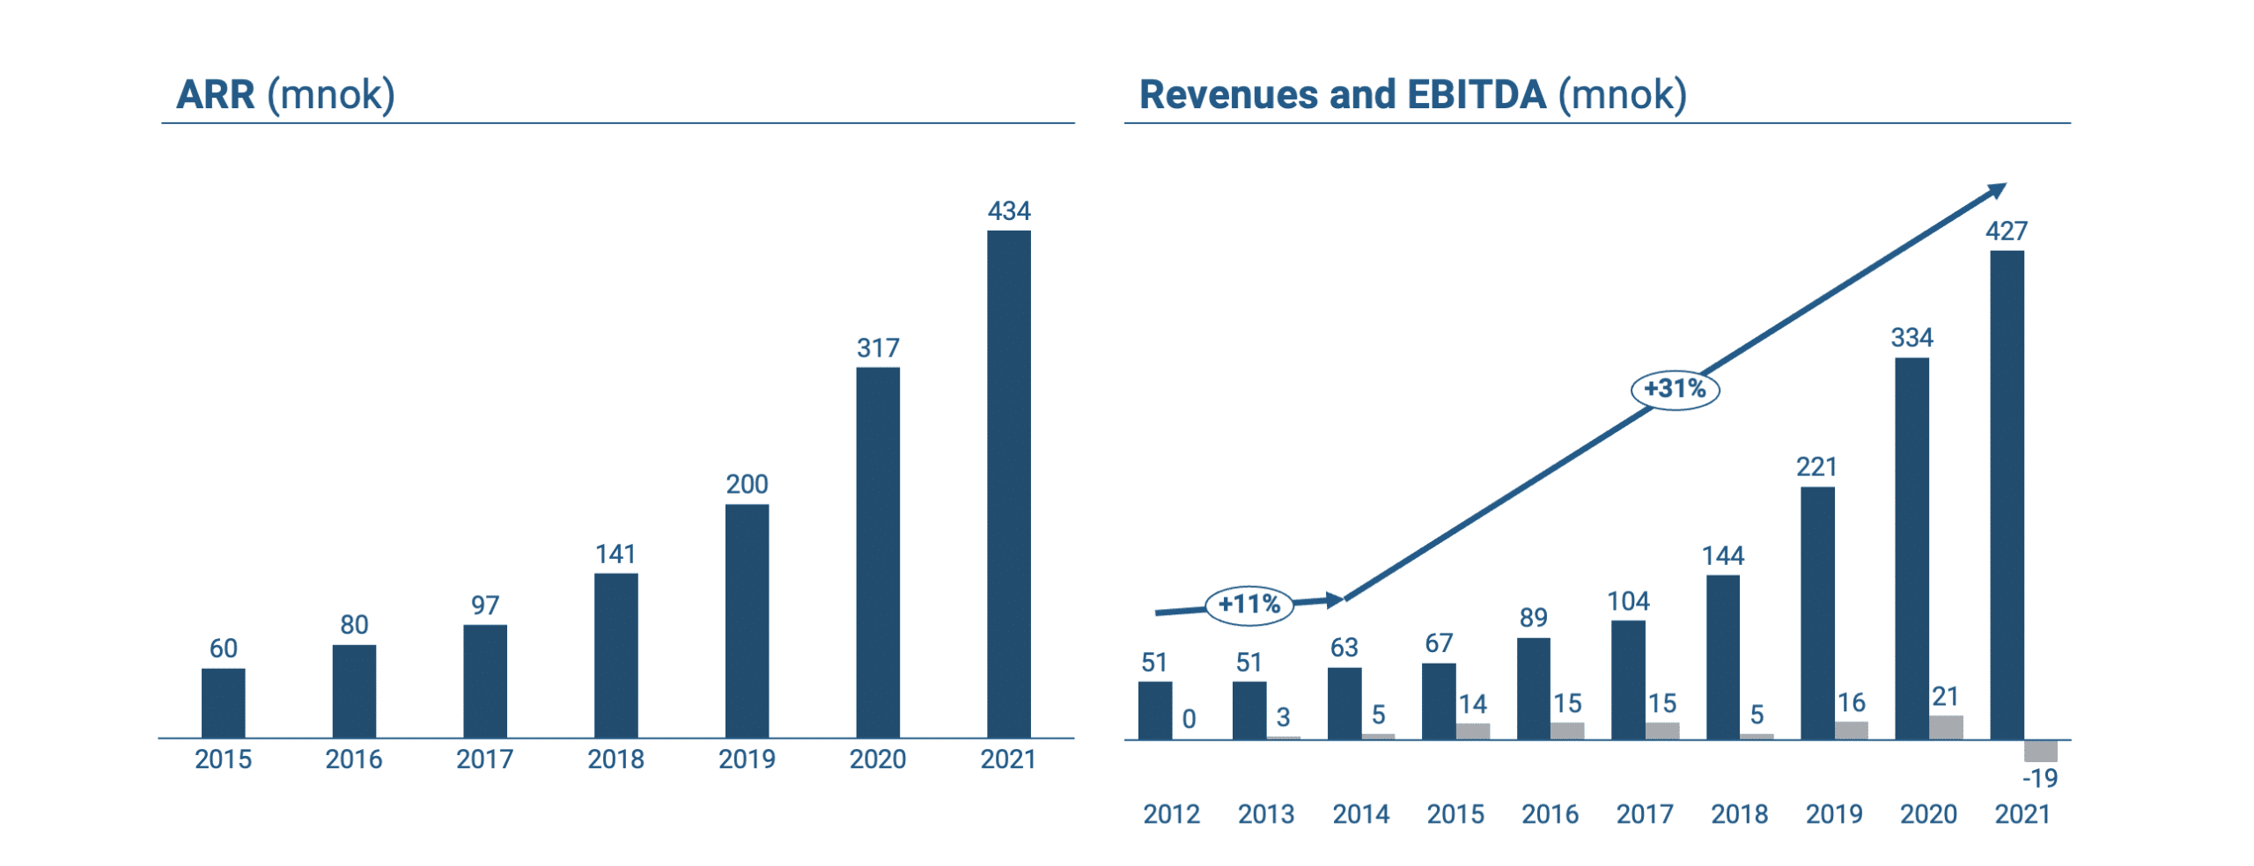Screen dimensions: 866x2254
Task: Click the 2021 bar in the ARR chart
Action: click(1008, 484)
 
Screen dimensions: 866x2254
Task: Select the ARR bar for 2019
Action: click(747, 620)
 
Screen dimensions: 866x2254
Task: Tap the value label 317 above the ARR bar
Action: click(878, 349)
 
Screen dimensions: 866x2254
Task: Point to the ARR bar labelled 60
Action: click(223, 702)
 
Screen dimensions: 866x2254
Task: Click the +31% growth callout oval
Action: click(1675, 388)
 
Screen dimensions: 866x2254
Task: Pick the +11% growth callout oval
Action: click(1249, 605)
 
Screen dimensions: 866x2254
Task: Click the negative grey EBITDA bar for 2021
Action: click(2040, 751)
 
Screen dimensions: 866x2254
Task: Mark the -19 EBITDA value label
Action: click(2039, 778)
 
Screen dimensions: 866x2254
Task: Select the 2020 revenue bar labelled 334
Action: click(1911, 547)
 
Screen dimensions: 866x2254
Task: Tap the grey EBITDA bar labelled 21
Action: click(1946, 727)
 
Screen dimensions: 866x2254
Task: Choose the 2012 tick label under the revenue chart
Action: click(1171, 814)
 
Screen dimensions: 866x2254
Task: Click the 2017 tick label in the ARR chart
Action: click(484, 759)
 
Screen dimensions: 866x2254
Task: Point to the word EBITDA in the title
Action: click(1477, 95)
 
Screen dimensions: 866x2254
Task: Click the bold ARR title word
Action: click(216, 95)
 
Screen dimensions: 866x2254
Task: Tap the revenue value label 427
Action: click(2006, 231)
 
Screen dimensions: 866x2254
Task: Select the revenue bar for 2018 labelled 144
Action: click(1722, 657)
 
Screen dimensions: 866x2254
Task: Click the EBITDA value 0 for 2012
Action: click(1189, 719)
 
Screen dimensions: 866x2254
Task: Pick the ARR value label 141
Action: click(615, 554)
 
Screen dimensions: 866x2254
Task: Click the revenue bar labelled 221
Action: click(1817, 613)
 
